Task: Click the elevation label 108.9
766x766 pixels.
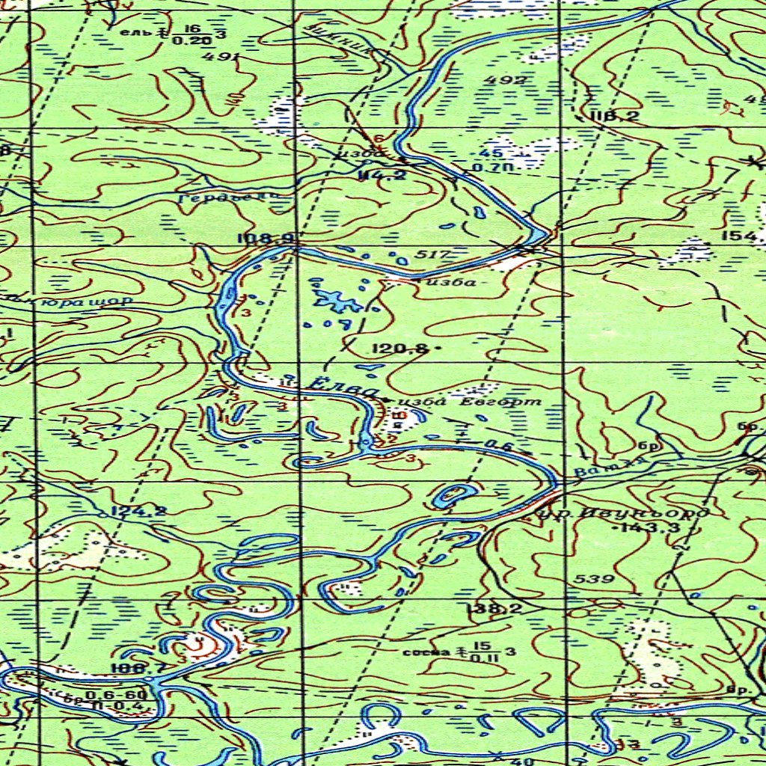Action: pos(266,239)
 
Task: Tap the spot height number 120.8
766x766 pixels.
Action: pos(400,348)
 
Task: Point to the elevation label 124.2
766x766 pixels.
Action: pos(138,512)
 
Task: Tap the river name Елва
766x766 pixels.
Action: pos(341,388)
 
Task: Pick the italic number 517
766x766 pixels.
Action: pos(433,255)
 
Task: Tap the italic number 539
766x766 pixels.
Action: pos(595,579)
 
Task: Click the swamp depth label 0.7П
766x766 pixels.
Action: pos(491,168)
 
